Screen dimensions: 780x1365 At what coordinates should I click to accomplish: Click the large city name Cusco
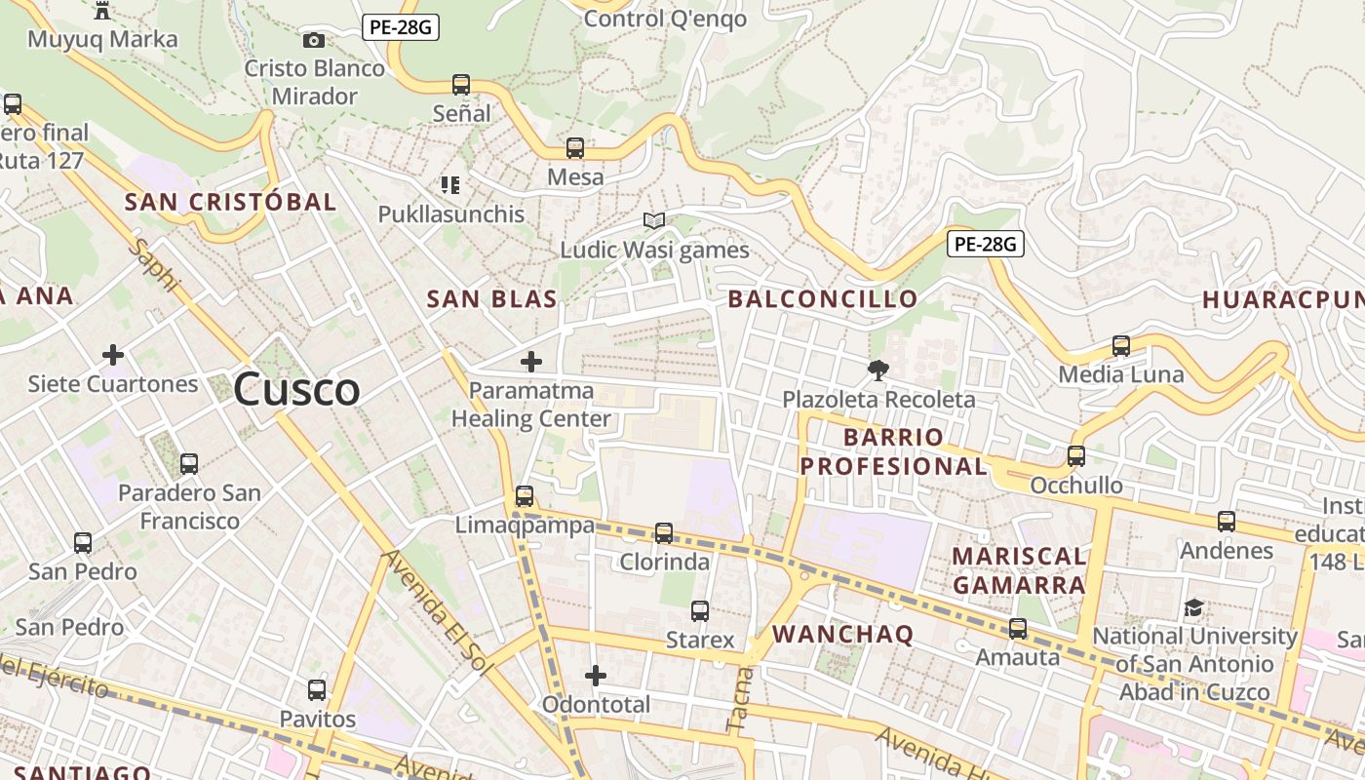pos(296,390)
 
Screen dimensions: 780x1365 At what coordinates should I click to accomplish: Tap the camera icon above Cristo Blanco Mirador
pos(314,40)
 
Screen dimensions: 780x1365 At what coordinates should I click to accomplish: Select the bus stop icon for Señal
pos(461,85)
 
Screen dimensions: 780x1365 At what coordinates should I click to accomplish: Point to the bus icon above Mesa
pos(575,148)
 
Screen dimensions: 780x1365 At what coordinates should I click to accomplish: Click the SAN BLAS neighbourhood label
pos(492,299)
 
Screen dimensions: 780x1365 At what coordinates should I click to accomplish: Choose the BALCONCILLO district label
pos(823,299)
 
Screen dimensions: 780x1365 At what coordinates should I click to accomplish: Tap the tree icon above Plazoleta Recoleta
pos(878,370)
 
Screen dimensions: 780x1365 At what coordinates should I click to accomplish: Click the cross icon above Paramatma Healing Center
pos(531,363)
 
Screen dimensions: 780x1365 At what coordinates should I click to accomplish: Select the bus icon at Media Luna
pos(1121,346)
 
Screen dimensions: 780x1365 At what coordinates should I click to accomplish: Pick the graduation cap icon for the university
pos(1193,608)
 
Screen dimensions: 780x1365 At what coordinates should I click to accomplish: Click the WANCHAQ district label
pos(843,635)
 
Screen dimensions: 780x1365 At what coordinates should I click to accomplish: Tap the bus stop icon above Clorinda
pos(664,533)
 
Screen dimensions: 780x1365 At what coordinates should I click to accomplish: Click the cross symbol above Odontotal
pos(596,676)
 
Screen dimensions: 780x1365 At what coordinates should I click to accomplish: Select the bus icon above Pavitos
pos(317,690)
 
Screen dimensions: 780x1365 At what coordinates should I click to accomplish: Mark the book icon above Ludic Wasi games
pos(654,221)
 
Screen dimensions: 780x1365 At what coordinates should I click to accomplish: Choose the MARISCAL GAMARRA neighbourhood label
pos(1019,570)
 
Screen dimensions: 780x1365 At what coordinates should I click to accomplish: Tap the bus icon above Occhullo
pos(1076,456)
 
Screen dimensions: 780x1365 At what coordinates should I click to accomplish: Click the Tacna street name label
pos(739,699)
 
